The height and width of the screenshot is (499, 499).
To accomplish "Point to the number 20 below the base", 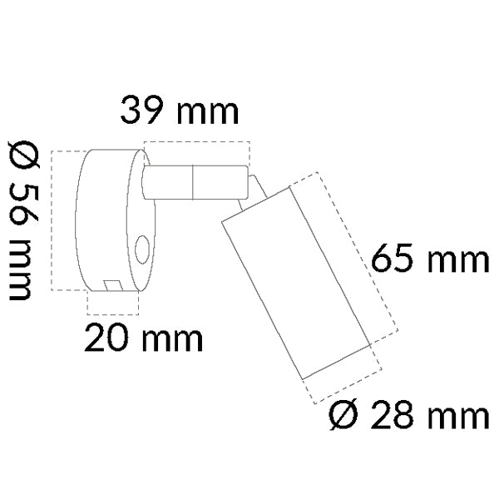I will click(108, 338).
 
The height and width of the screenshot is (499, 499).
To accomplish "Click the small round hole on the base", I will click(141, 247).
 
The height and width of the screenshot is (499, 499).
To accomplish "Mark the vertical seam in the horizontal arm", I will click(193, 183).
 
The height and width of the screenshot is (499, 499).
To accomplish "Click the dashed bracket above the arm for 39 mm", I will click(196, 144).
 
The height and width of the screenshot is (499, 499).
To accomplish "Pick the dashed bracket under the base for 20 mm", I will click(113, 314).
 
